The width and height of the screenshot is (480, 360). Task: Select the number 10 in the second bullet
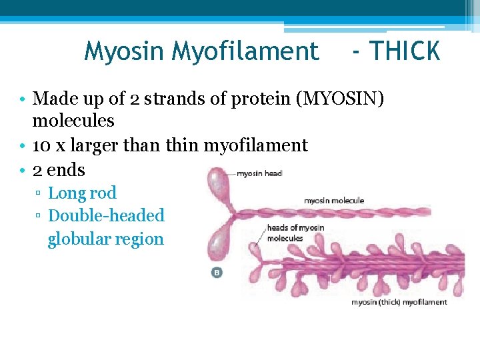pos(41,145)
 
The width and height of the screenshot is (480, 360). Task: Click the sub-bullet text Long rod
pos(82,193)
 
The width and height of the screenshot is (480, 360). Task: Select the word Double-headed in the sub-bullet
pos(107,216)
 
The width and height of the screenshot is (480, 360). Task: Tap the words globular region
pos(105,239)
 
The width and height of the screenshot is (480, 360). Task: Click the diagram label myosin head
pos(259,173)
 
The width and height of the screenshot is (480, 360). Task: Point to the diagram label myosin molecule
pos(334,200)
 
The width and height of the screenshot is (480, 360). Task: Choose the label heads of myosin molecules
pos(295,233)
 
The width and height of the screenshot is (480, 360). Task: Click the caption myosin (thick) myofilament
pos(399,302)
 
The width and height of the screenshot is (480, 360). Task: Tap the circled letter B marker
pos(217,273)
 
